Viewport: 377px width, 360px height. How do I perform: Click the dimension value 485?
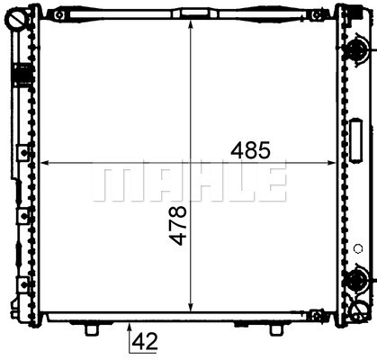click(x=250, y=150)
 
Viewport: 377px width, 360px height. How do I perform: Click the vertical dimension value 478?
click(x=177, y=225)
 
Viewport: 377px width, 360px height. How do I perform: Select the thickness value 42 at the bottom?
click(x=145, y=342)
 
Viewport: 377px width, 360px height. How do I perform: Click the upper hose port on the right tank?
click(x=357, y=49)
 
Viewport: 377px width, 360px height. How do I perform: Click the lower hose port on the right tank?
click(x=357, y=279)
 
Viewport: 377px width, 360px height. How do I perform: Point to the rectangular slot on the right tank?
click(x=356, y=140)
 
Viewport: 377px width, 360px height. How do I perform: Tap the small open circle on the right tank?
click(x=358, y=248)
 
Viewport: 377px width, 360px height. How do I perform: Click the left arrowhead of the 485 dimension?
click(x=44, y=163)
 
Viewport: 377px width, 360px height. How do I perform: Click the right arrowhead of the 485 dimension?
click(x=331, y=163)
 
